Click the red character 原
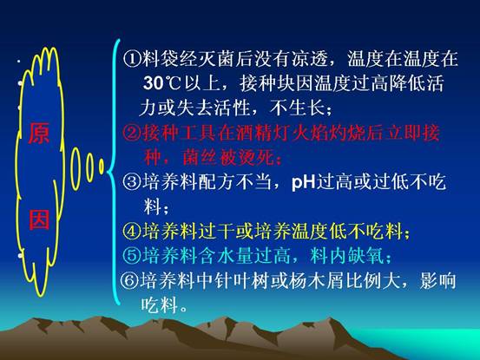coord(39,134)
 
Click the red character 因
coord(39,220)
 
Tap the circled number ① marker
coord(132,58)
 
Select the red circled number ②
coord(132,133)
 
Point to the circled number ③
coord(132,181)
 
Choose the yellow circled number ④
coord(132,231)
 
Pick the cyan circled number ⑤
coord(132,255)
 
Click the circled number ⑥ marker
coord(129,280)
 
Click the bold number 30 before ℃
coord(153,83)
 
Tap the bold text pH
coord(304,182)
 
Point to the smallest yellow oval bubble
coord(102,167)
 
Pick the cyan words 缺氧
coord(365,255)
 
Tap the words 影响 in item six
coord(437,280)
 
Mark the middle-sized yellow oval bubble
coord(89,167)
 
